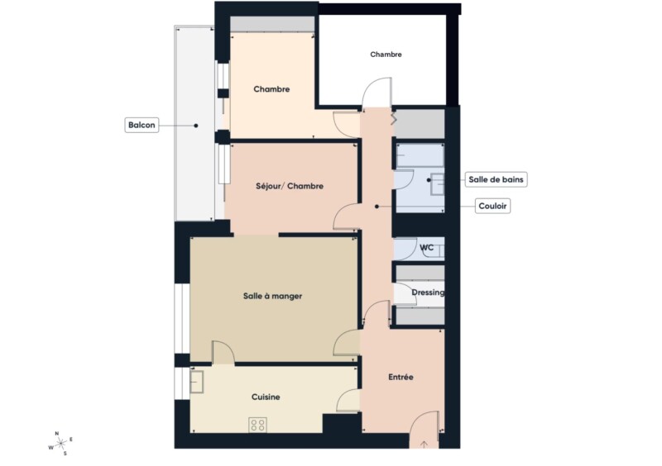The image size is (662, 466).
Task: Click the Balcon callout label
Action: pos(142,126)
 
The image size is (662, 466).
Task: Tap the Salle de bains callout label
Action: pos(496,179)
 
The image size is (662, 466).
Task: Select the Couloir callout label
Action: pos(492,207)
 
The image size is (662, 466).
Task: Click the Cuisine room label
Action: pos(266,397)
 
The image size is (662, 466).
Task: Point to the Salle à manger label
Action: pos(273,296)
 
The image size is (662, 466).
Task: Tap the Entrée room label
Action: pos(401,377)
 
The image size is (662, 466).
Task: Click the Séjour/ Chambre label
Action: pos(290,186)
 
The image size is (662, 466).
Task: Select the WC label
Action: pos(426,248)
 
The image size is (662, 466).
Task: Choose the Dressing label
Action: pos(428,292)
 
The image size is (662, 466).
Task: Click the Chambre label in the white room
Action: pos(386,55)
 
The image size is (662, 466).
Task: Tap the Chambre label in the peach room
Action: pos(271,89)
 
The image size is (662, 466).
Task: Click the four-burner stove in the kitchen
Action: pos(257,425)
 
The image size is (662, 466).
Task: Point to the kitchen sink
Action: pos(197,382)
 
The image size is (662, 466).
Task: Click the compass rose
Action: pos(60,444)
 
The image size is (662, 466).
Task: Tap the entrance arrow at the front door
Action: pos(425,445)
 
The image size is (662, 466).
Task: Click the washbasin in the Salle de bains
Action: pos(438,184)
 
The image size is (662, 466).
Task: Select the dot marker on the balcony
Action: pos(196,126)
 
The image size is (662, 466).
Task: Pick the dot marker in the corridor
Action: pos(377,207)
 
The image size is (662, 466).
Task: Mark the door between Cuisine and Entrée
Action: pos(348,400)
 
